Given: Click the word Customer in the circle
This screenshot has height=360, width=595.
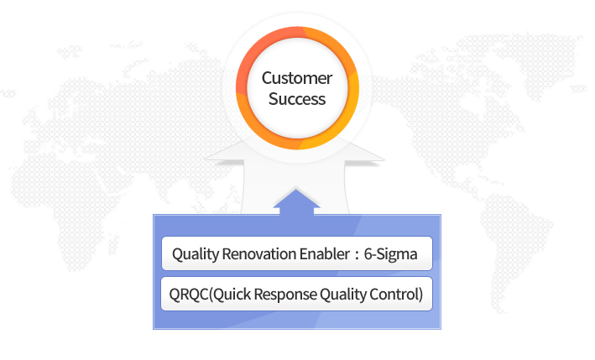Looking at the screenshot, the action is click(x=297, y=78).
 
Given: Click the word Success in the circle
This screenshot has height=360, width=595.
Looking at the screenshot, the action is click(x=297, y=99).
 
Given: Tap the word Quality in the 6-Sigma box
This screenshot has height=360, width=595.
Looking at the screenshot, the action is click(x=196, y=254).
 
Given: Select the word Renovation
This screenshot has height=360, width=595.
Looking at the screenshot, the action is click(x=259, y=253).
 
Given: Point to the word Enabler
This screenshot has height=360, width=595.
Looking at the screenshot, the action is click(x=325, y=253).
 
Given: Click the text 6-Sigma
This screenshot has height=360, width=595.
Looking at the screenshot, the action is click(x=390, y=254).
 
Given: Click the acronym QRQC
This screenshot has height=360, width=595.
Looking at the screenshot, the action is click(x=189, y=295).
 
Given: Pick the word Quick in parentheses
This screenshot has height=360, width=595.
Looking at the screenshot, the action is click(x=230, y=295).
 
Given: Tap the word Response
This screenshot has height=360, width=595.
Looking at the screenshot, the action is click(x=285, y=295).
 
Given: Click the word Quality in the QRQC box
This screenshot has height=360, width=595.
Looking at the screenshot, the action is click(x=343, y=295).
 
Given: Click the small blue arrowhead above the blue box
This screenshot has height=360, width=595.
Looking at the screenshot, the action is click(x=296, y=201).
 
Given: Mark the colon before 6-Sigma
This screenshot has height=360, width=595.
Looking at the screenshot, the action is click(x=357, y=255).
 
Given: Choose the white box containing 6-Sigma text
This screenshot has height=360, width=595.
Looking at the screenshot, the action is click(x=297, y=253).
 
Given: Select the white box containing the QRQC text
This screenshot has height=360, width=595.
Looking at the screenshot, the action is click(x=297, y=294).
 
